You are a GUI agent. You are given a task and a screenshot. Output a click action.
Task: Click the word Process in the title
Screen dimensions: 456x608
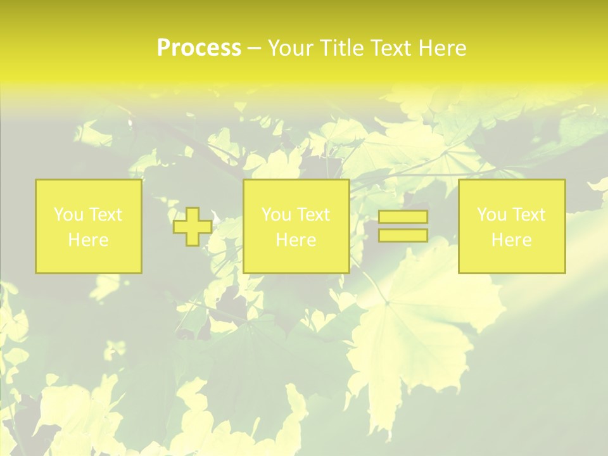199,48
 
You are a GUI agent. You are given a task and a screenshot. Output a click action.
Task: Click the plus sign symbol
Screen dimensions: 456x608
193,227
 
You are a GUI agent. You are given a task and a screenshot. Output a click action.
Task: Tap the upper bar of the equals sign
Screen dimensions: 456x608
403,217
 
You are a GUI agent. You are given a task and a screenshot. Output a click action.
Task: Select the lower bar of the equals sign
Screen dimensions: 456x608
403,235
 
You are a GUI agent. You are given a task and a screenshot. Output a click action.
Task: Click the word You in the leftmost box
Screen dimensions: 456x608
68,215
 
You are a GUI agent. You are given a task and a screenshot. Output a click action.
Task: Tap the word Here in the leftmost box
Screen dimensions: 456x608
89,240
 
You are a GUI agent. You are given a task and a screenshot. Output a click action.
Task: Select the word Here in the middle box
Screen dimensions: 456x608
296,240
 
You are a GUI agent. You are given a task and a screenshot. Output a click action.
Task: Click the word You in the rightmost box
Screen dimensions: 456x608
491,215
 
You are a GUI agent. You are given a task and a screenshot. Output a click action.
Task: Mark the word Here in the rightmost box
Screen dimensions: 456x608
512,240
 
